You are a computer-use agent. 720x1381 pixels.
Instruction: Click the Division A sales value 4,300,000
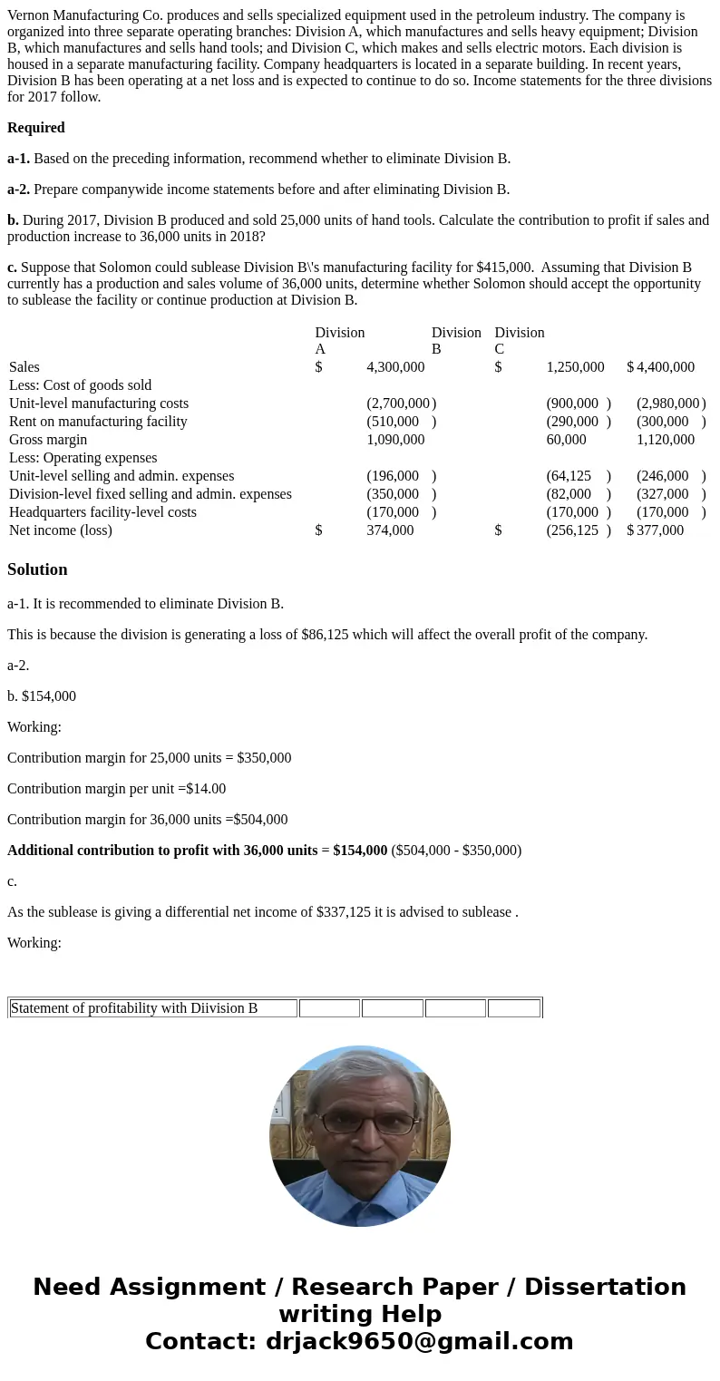pos(395,367)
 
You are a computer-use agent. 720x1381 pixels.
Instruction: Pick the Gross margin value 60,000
pos(566,440)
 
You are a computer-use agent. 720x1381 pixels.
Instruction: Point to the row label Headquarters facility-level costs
pos(102,512)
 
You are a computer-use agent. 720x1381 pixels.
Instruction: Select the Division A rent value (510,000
pos(394,422)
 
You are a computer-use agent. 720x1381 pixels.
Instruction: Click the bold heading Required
pos(36,128)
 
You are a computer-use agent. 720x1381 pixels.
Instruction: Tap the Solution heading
pos(37,569)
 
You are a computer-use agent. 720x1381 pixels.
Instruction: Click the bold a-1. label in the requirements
pos(18,159)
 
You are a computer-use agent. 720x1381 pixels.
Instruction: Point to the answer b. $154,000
pos(42,696)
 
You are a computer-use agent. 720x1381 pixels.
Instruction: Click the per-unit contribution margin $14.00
pos(206,789)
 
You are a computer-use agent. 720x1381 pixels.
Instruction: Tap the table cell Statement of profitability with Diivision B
pos(134,1008)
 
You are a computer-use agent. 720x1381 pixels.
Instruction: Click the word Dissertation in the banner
pos(605,1288)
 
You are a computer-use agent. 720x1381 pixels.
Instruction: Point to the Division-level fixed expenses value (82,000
pos(569,494)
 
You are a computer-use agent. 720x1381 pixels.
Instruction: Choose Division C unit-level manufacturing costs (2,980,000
pos(667,404)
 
